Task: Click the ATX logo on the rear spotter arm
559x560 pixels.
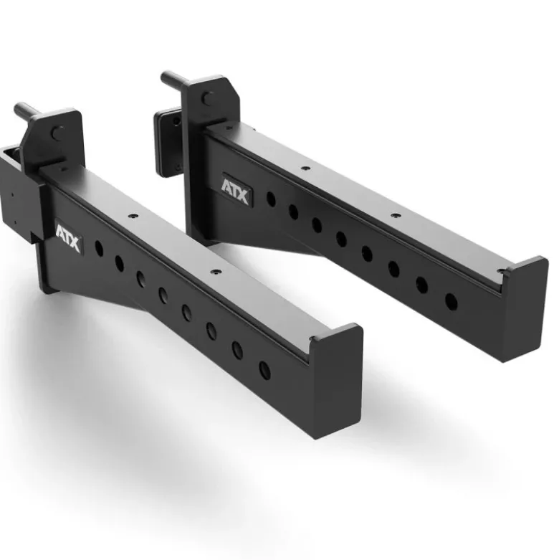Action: point(236,190)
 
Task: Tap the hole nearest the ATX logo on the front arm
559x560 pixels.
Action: point(99,249)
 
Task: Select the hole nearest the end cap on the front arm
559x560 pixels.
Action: point(264,371)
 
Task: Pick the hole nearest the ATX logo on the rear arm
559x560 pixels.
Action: point(272,199)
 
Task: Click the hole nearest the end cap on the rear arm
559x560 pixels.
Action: point(451,302)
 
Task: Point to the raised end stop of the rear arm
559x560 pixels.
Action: point(524,307)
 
